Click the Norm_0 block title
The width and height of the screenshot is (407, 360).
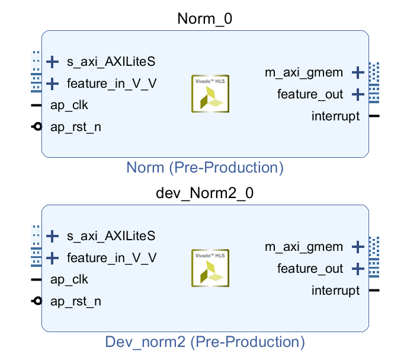click(x=204, y=19)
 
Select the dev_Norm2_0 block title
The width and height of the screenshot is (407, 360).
click(x=204, y=193)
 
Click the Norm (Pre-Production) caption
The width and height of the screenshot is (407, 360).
click(x=205, y=168)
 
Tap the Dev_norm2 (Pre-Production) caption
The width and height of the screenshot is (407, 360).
click(x=205, y=342)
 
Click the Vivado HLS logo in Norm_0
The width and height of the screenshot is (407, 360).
click(x=210, y=94)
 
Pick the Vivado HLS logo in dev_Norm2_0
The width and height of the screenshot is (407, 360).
click(x=210, y=268)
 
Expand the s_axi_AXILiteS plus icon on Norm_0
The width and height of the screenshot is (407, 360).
click(x=53, y=61)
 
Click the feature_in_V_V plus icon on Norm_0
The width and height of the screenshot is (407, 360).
click(x=53, y=83)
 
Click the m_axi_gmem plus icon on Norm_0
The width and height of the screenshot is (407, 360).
click(x=357, y=73)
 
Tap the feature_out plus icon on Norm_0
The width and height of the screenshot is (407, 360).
click(x=357, y=94)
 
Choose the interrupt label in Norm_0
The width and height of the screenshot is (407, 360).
click(x=335, y=116)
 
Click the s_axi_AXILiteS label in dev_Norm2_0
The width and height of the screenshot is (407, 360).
click(x=111, y=236)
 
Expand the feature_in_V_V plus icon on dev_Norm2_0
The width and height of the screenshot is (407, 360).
click(x=53, y=257)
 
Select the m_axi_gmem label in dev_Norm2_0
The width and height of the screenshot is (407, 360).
click(x=304, y=247)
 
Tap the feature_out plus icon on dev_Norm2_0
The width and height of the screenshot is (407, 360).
click(x=357, y=269)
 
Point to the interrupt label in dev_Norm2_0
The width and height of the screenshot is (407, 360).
click(x=335, y=291)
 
